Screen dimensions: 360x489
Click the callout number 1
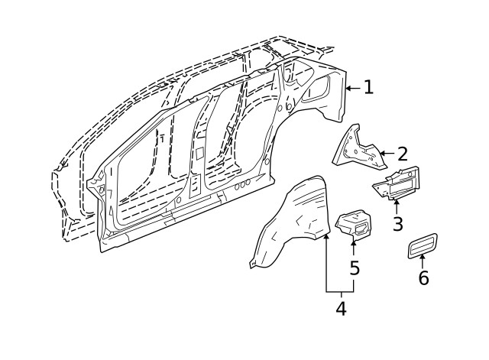pyautogui.click(x=369, y=87)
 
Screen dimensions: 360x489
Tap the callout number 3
pyautogui.click(x=397, y=224)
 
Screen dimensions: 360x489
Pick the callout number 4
pyautogui.click(x=341, y=309)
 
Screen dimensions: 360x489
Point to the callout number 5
pyautogui.click(x=354, y=268)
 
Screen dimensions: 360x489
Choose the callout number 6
pyautogui.click(x=423, y=277)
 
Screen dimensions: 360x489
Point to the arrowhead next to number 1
pyautogui.click(x=349, y=89)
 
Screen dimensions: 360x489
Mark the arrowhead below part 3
pyautogui.click(x=397, y=202)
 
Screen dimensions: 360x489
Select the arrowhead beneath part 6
pyautogui.click(x=423, y=258)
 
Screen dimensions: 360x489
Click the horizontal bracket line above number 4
pyautogui.click(x=340, y=293)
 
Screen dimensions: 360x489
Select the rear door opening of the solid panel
pyautogui.click(x=233, y=145)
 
